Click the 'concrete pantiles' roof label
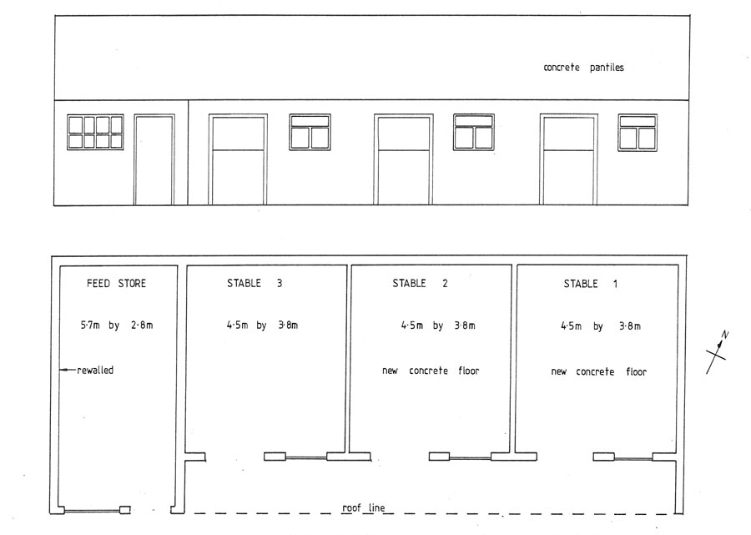(583, 68)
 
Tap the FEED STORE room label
(116, 284)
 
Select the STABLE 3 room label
(255, 284)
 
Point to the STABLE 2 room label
(420, 284)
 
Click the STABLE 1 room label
(591, 284)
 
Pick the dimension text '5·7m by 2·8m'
(116, 326)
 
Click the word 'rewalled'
(95, 371)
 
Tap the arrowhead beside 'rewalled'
(62, 370)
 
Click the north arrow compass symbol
(717, 352)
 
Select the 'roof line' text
(364, 507)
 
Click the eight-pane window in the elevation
(95, 132)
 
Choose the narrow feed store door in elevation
(154, 159)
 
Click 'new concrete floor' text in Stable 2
(431, 371)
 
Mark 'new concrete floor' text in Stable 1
(598, 371)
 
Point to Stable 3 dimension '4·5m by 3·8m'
(262, 326)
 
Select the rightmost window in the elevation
(638, 133)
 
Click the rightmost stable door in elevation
(569, 159)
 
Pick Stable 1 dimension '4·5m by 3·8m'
(601, 326)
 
